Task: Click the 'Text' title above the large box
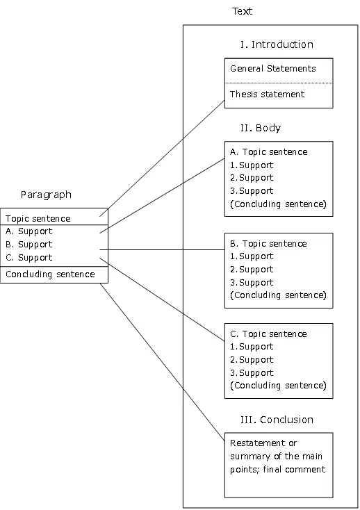[x=242, y=11]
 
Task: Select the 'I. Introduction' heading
[x=277, y=44]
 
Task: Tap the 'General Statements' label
[x=273, y=68]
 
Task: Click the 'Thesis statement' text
[x=267, y=94]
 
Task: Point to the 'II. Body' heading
[x=261, y=128]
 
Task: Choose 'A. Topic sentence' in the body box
[x=269, y=152]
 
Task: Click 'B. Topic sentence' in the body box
[x=268, y=244]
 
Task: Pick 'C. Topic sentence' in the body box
[x=268, y=334]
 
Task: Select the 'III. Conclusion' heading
[x=277, y=420]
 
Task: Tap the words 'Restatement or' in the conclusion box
[x=263, y=443]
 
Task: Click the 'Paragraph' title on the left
[x=46, y=195]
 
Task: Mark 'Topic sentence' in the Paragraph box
[x=38, y=218]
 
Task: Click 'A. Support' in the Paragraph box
[x=28, y=231]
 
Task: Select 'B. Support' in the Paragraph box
[x=28, y=245]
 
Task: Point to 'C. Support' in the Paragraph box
[x=28, y=258]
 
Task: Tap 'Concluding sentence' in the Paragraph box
[x=50, y=274]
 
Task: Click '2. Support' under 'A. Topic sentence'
[x=252, y=178]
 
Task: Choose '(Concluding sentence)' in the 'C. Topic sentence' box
[x=278, y=386]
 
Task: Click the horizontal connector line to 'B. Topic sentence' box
[x=162, y=250]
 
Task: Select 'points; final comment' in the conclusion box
[x=277, y=469]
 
